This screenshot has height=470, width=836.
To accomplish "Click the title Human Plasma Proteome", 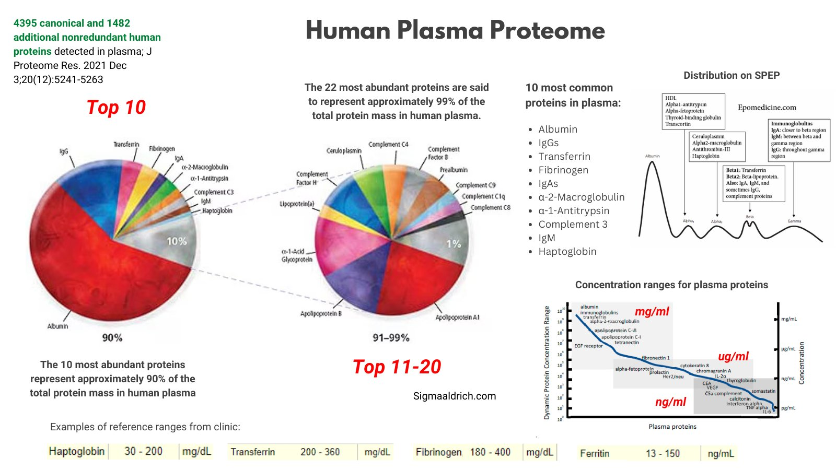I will (455, 30).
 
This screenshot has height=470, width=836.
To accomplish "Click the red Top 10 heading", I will (116, 107).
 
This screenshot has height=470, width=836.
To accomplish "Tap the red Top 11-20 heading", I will (397, 367).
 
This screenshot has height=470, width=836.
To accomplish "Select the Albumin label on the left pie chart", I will (57, 326).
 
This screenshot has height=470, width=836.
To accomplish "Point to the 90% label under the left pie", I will (112, 338).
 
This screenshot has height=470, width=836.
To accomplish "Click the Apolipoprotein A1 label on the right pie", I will (457, 317).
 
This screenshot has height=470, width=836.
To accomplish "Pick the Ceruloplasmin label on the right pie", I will (344, 150).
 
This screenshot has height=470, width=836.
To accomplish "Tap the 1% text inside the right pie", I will (454, 244).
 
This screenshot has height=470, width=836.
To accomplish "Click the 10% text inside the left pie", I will (177, 241).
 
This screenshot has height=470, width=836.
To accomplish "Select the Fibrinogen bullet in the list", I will (563, 170).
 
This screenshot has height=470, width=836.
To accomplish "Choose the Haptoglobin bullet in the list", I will (567, 251).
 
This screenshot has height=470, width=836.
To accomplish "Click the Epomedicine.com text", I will (767, 108).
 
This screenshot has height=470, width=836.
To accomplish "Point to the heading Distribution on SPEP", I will (731, 75).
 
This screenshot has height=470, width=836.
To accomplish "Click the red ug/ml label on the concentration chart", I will (733, 356).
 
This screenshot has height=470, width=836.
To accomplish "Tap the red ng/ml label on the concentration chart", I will (670, 402).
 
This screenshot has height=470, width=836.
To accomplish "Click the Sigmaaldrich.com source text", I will (455, 396).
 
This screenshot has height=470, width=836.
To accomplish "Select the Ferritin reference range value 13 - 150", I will (663, 453).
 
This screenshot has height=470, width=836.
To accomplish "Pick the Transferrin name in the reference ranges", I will (253, 452).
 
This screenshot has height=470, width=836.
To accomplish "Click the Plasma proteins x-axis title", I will (672, 427).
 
